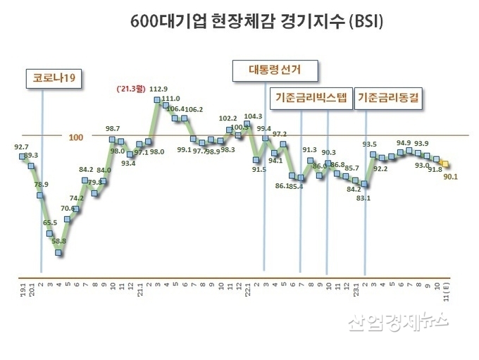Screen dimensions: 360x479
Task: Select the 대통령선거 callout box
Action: pos(275,70)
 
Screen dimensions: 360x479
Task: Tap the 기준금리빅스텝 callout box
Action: pos(311,98)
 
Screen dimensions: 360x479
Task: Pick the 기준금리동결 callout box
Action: pos(388,98)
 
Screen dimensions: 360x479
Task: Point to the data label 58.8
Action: pos(59,241)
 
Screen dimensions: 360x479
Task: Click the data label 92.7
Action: pos(21,147)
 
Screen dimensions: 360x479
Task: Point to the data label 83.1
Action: pos(363,199)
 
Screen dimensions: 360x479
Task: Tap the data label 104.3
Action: pos(253,116)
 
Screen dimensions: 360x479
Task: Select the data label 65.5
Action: pos(50,223)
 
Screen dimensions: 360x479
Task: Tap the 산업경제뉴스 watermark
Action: pos(399,322)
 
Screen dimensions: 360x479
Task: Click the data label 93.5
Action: pos(369,144)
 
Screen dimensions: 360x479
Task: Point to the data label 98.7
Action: pos(113,128)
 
